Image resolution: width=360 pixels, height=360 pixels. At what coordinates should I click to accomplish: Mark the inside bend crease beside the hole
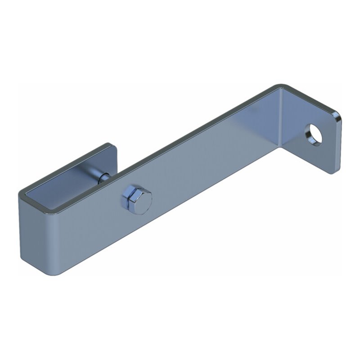click(282, 121)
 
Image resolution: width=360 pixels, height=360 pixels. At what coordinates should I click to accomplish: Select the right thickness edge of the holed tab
click(338, 144)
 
